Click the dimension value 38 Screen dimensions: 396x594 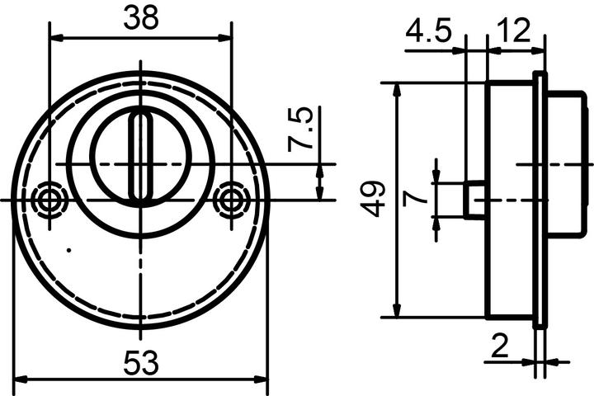pyautogui.click(x=141, y=18)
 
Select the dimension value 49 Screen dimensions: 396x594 pyautogui.click(x=375, y=200)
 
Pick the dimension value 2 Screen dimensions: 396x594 pyautogui.click(x=499, y=347)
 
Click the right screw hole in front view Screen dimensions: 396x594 pyautogui.click(x=230, y=200)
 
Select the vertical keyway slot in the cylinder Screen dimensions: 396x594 pyautogui.click(x=141, y=157)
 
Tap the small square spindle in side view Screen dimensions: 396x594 pyautogui.click(x=474, y=200)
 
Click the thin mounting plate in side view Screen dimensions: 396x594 pyautogui.click(x=540, y=200)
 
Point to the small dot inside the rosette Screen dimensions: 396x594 pyautogui.click(x=69, y=249)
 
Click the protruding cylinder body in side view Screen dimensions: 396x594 pyautogui.click(x=565, y=165)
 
